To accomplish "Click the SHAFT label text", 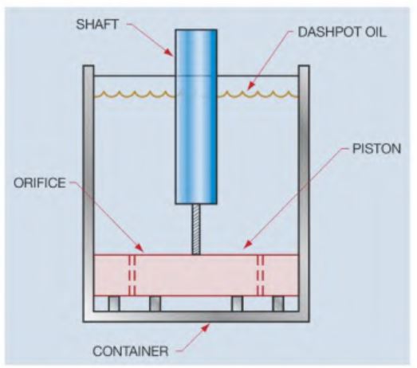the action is point(97,25).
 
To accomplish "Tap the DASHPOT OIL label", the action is point(342,32).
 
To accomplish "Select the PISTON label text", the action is point(376,148).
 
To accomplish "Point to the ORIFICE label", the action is point(40,182).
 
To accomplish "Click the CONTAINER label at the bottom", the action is point(131,351).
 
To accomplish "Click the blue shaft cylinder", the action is point(196,116).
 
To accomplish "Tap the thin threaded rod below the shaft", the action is point(196,229).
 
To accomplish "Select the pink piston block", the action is point(196,275).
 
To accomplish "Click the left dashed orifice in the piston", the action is point(132,275).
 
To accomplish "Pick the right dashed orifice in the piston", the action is point(261,275).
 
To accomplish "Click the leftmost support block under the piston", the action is point(114,303).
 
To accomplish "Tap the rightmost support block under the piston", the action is point(278,303).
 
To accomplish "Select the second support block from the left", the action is point(155,303).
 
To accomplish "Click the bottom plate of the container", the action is point(196,316).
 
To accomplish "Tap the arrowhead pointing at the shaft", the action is point(168,53).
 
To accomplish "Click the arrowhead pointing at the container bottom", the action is point(205,327).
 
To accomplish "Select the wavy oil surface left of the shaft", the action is point(134,94).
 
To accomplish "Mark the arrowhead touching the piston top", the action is point(247,245).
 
